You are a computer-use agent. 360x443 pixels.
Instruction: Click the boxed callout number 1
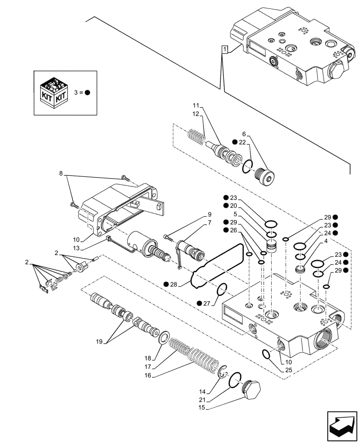225,50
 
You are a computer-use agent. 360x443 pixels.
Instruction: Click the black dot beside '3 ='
87,93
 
